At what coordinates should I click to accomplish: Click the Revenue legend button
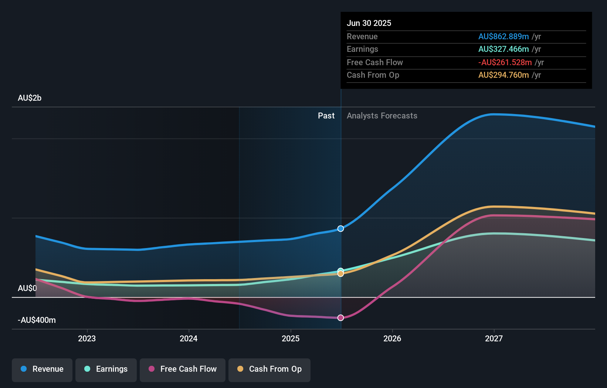[42, 369]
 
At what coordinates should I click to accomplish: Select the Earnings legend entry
[106, 369]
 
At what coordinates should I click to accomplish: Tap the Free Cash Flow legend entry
[183, 369]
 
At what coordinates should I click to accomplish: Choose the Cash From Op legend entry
[269, 369]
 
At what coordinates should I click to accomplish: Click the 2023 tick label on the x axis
[87, 338]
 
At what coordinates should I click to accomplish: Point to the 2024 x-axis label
[189, 338]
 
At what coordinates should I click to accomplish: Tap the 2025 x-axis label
[291, 338]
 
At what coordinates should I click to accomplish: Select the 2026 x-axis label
[392, 338]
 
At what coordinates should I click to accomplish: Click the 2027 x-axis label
[494, 338]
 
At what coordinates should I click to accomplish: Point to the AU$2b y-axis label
[30, 98]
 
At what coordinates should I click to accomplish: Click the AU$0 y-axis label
[27, 288]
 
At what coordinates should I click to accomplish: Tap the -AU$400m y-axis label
[37, 320]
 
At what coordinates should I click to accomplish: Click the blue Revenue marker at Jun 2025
[341, 228]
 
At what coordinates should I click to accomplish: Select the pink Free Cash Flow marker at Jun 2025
[341, 318]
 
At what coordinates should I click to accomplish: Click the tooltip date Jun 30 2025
[369, 23]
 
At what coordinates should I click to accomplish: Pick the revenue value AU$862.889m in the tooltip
[503, 36]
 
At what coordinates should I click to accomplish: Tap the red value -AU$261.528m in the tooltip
[505, 62]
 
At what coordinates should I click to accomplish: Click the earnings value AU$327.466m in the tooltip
[503, 49]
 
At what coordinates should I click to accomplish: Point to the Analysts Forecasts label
[382, 116]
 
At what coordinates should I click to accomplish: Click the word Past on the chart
[326, 116]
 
